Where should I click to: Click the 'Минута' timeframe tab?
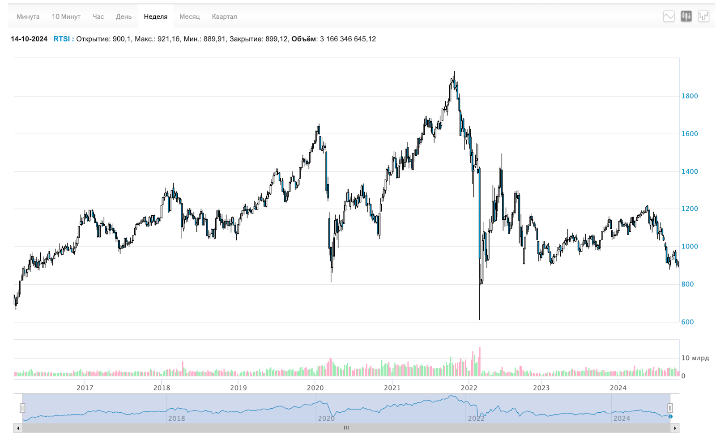(x=28, y=17)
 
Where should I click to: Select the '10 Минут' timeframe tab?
(x=66, y=17)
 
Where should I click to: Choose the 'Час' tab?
(x=98, y=17)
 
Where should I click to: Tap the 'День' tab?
(x=124, y=17)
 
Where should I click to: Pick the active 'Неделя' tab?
(x=155, y=17)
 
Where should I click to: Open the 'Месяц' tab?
(x=189, y=17)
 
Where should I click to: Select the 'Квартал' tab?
(x=224, y=17)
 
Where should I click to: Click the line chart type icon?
(x=669, y=17)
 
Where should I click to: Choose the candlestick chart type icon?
(x=686, y=17)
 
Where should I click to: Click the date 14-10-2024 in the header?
(x=29, y=39)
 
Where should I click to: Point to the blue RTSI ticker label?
(x=62, y=39)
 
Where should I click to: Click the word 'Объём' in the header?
(x=304, y=39)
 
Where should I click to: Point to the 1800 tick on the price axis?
(x=690, y=96)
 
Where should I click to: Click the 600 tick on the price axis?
(x=687, y=322)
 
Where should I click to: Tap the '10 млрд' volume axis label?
(x=695, y=358)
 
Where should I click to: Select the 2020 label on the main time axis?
(x=315, y=388)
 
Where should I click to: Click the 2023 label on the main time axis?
(x=541, y=388)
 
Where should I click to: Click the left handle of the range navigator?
(x=22, y=408)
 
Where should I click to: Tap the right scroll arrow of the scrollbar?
(x=675, y=428)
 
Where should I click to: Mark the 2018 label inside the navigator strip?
(x=176, y=418)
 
